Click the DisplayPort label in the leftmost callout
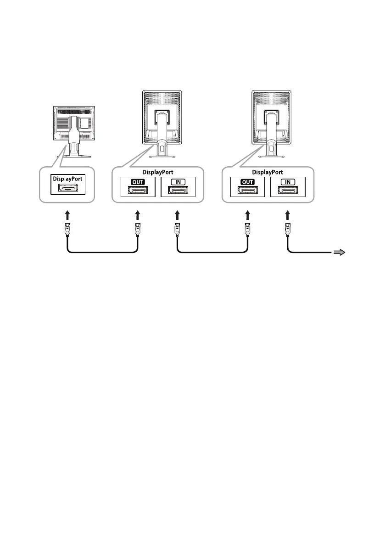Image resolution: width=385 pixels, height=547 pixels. pyautogui.click(x=67, y=178)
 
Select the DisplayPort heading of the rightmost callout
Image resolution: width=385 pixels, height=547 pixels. pyautogui.click(x=268, y=172)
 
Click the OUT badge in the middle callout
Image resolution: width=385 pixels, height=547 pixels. pyautogui.click(x=137, y=182)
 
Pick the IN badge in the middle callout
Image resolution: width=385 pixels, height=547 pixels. pyautogui.click(x=178, y=182)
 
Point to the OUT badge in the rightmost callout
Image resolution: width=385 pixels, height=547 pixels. pyautogui.click(x=247, y=182)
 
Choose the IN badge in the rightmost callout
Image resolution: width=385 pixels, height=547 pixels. pyautogui.click(x=288, y=182)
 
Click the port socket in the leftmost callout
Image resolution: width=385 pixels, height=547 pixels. pyautogui.click(x=67, y=187)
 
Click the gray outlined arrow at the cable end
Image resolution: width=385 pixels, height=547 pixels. pyautogui.click(x=339, y=252)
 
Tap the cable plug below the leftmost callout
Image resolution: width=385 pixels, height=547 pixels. pyautogui.click(x=67, y=229)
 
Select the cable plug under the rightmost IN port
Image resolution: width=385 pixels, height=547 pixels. pyautogui.click(x=288, y=229)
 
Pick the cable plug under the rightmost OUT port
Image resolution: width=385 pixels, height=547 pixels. pyautogui.click(x=247, y=229)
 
